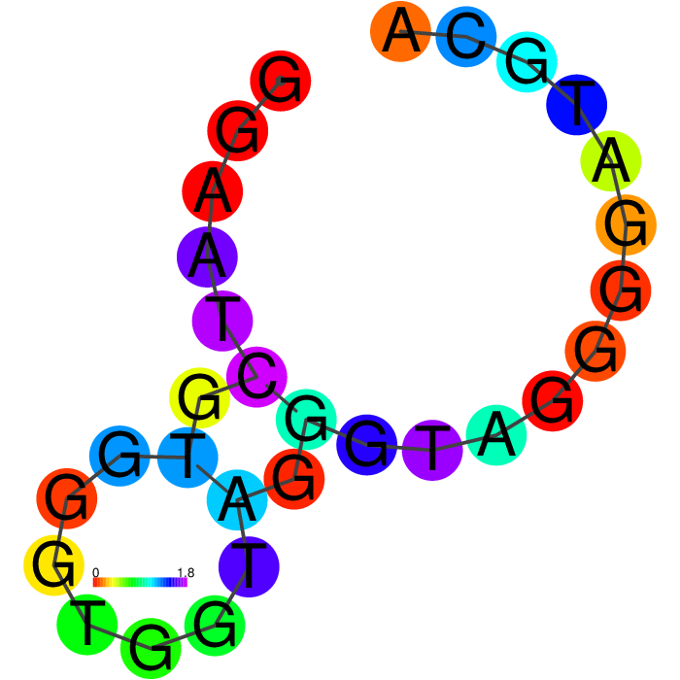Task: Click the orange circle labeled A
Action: pos(400,31)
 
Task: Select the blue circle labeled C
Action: pos(465,37)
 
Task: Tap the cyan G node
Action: pos(527,62)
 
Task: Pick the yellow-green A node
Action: pos(611,161)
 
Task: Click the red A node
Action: pos(212,191)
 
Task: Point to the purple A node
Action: pos(207,256)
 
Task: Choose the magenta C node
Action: pos(256,377)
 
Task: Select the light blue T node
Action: pos(187,458)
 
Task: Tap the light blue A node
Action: pos(237,499)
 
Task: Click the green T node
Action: pos(87,625)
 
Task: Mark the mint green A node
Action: pos(496,435)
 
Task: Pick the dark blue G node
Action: pos(367,445)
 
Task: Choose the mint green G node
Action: pos(306,420)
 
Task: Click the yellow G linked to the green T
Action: pos(53,565)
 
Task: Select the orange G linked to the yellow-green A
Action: pos(626,224)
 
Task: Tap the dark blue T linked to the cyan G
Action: pos(576,105)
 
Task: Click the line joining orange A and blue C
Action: pos(433,34)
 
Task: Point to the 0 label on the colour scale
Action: pos(96,572)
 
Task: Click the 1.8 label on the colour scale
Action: pos(187,572)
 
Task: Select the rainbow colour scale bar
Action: pos(140,582)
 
